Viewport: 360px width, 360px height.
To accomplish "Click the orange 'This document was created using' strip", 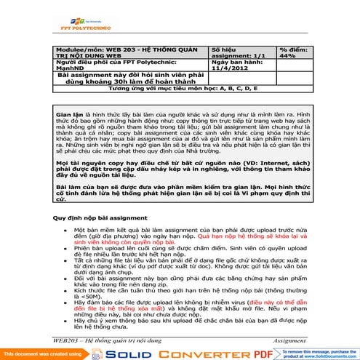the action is (36, 353).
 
